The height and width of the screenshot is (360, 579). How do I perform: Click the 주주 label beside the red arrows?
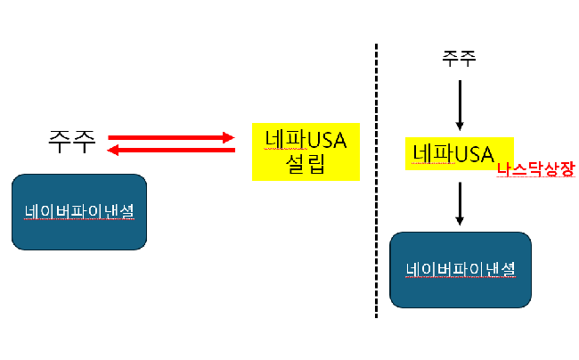(70, 143)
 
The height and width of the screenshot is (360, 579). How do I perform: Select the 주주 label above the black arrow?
(459, 60)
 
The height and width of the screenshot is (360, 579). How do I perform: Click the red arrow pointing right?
(169, 138)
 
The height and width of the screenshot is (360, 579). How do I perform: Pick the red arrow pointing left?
(169, 151)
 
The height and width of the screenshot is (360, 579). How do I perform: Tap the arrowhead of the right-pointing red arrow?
(228, 138)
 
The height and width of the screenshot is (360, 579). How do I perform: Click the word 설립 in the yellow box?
(305, 164)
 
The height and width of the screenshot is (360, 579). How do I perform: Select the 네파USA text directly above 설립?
(305, 139)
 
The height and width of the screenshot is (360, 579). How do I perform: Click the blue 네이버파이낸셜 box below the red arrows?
(78, 212)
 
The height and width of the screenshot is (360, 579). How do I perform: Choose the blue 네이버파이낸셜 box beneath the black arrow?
(461, 270)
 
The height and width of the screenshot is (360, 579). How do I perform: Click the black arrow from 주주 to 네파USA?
(460, 102)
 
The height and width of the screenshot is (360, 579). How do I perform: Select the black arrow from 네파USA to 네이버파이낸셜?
(460, 203)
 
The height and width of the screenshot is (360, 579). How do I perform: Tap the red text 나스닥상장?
(536, 168)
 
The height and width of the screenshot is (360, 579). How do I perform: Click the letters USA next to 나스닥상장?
(474, 154)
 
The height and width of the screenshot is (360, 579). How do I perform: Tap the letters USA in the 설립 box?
(328, 139)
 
